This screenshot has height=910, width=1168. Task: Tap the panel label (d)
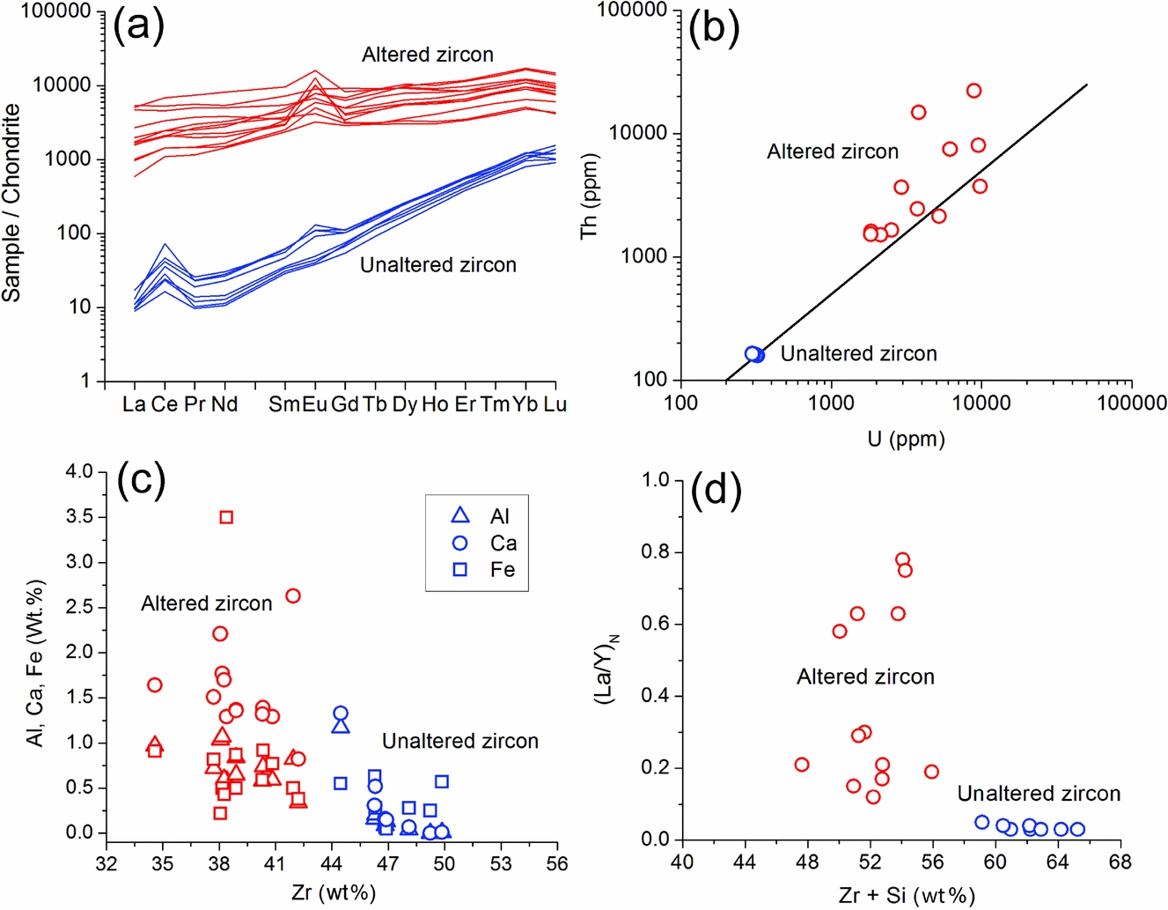716,490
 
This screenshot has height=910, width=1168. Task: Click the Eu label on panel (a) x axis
314,404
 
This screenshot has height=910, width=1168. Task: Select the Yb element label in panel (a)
525,404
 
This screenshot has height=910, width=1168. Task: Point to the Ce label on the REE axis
165,404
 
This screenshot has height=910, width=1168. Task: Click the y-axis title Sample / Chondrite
11,203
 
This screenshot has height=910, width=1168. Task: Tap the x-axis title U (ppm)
906,438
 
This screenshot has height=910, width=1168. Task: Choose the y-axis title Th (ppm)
589,196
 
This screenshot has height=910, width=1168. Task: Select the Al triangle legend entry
460,516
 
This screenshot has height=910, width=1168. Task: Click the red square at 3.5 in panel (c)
226,517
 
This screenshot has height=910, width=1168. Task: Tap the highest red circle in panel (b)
973,91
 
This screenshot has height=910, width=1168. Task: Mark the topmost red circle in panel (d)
902,559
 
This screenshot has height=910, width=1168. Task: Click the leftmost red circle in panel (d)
802,765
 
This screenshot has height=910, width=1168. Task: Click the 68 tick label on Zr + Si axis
1120,862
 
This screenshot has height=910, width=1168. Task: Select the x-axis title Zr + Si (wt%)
907,896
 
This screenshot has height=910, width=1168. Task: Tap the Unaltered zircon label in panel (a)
438,265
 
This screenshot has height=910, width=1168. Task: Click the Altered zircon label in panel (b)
833,152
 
